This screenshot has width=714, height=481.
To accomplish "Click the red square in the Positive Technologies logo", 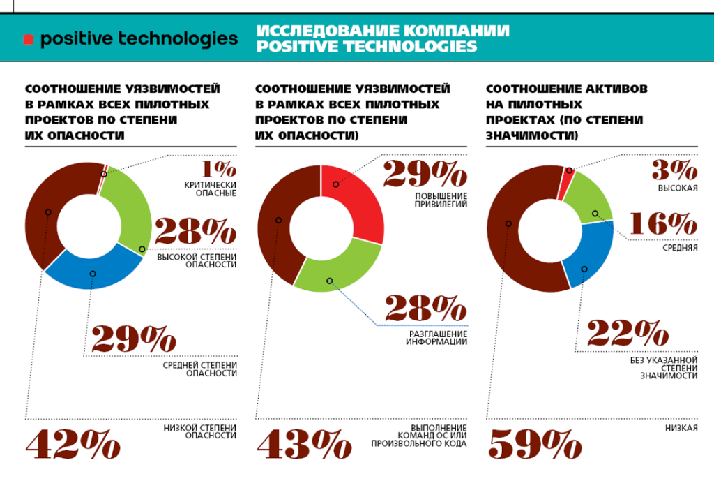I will coord(28,40).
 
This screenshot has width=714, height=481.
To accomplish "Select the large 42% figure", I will coord(73,445).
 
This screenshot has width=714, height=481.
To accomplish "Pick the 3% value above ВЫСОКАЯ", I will coord(674,170).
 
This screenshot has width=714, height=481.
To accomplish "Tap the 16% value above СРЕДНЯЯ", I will coord(662,224).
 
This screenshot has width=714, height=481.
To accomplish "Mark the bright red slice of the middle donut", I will coord(356,199).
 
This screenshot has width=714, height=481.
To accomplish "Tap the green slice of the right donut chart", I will coord(589,199).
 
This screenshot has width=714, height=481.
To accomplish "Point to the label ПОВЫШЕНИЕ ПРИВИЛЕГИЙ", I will coord(436,200).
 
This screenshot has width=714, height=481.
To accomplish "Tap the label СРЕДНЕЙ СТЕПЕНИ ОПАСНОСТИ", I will coord(199,369).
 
